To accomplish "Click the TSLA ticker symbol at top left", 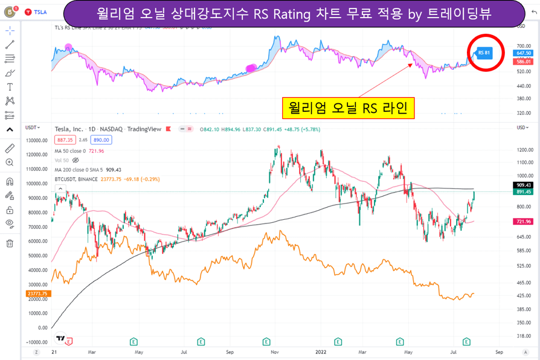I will tap(40, 12).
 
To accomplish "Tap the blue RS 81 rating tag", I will tap(484, 53).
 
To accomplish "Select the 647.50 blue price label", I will tap(523, 54).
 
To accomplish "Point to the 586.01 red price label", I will tap(523, 62).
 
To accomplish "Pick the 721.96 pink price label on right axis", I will tap(523, 222).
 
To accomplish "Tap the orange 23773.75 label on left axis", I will tap(37, 294).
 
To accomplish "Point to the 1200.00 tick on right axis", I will tap(523, 150).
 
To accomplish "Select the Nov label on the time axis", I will tap(274, 351).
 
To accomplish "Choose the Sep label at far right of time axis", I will tap(498, 351).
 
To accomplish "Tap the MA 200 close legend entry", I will tap(79, 170).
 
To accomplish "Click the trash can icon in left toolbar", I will tap(10, 243).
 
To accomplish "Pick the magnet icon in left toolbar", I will tap(10, 181).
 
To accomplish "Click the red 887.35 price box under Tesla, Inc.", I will tap(65, 140).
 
